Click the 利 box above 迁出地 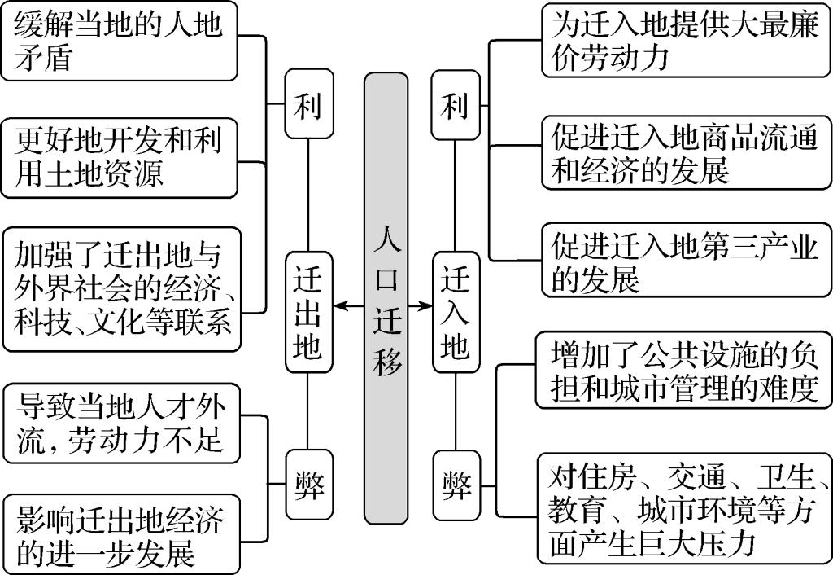(x=307, y=106)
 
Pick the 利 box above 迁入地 (x=456, y=106)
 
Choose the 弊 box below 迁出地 (x=307, y=485)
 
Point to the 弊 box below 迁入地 (x=456, y=485)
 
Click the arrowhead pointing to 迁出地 (x=340, y=305)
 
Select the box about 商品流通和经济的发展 (x=687, y=152)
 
